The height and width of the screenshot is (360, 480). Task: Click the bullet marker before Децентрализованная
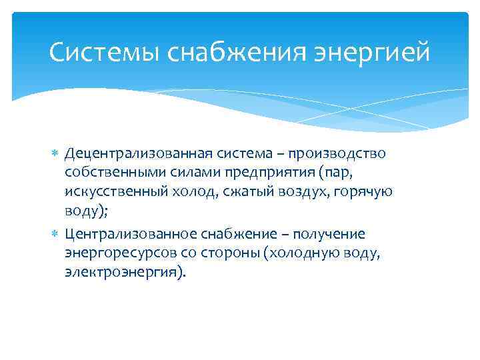point(56,155)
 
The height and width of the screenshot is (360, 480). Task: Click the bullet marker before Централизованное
point(56,235)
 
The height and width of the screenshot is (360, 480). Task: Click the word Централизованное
point(131,234)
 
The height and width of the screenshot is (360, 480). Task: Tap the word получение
point(329,234)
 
